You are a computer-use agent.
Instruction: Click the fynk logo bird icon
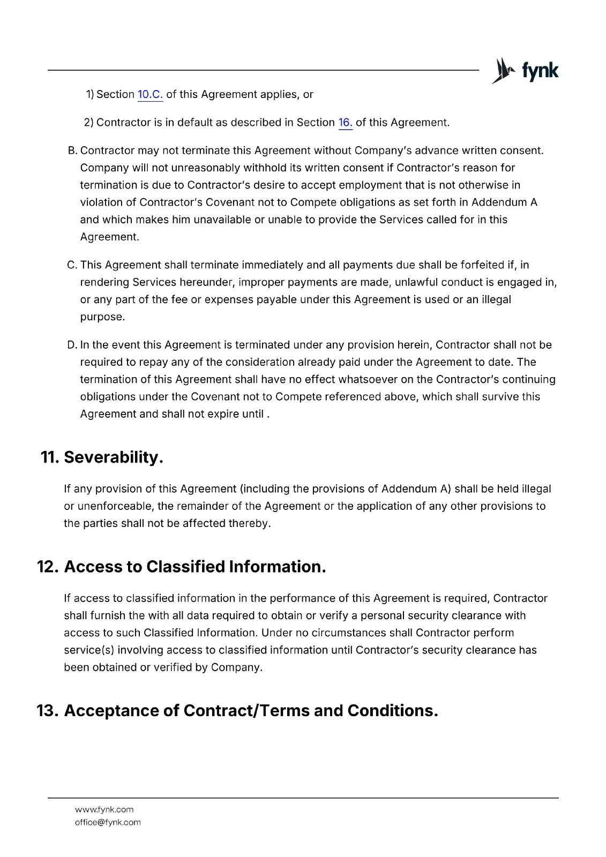[503, 71]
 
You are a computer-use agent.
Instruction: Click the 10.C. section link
[150, 95]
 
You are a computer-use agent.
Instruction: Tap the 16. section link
[345, 123]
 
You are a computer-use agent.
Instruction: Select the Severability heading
[113, 457]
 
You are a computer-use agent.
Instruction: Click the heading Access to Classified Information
[194, 567]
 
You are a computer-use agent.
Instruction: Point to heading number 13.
[47, 711]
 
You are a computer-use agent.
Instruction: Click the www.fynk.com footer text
[104, 809]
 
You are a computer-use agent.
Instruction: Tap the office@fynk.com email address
[108, 822]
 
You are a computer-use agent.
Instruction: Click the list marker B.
[72, 151]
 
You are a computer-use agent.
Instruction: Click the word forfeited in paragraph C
[481, 265]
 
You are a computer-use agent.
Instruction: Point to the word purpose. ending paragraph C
[102, 317]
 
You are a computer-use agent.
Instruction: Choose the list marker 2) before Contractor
[88, 123]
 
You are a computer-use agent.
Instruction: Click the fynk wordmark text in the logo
[540, 71]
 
